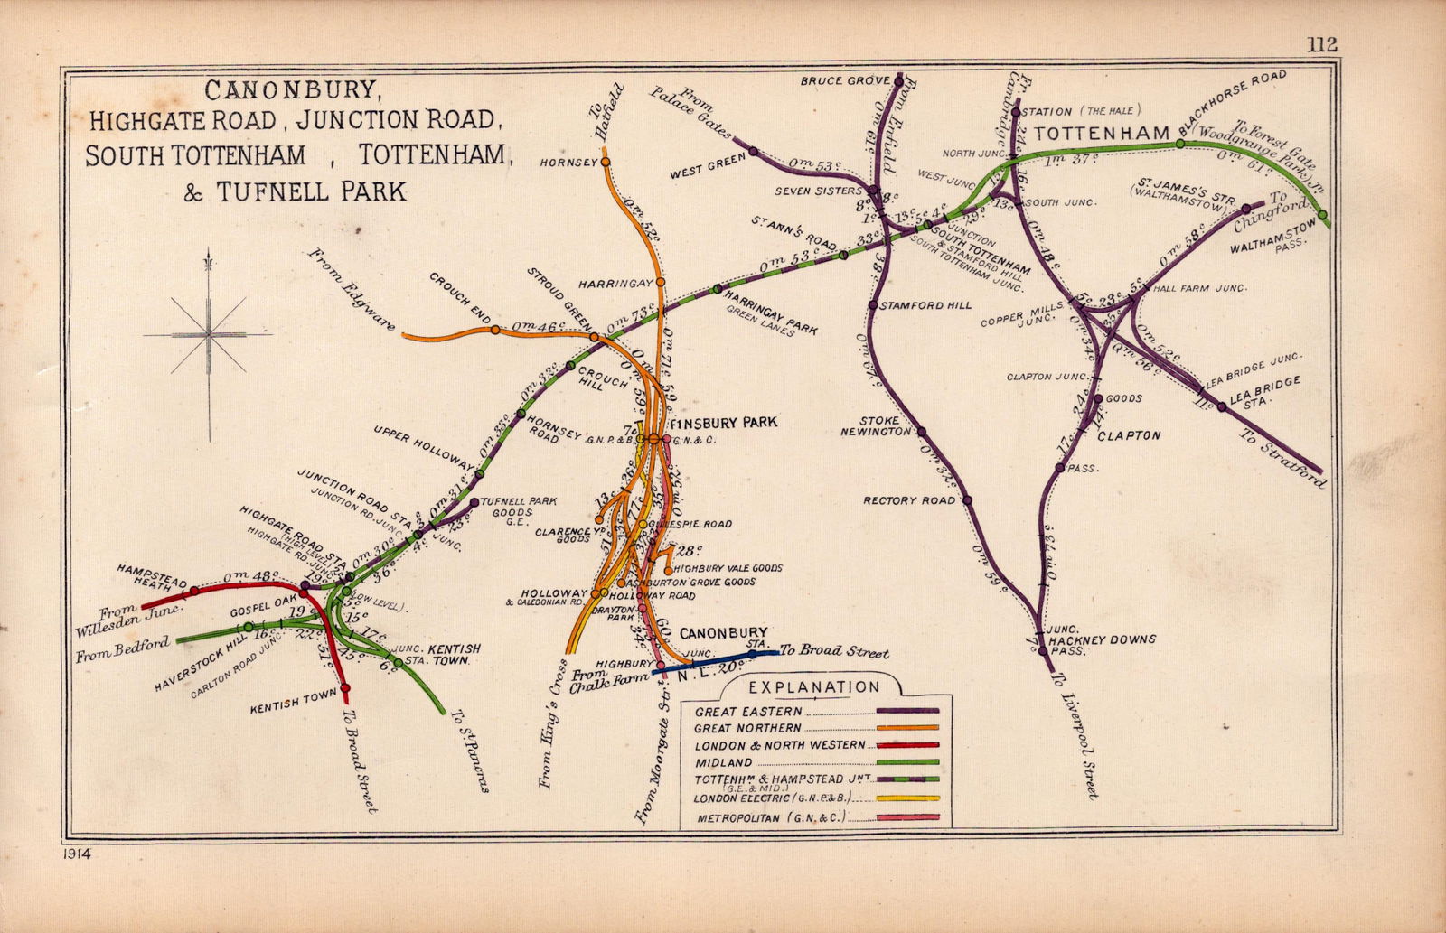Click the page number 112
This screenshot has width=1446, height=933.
1320,44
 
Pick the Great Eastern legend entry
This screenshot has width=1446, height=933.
748,711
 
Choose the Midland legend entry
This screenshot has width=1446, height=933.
723,762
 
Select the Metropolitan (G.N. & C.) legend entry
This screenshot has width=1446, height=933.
770,818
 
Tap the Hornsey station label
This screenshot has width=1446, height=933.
568,163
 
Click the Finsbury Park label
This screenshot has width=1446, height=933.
724,422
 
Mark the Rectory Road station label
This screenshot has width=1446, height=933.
908,499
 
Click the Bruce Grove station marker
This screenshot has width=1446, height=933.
898,79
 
